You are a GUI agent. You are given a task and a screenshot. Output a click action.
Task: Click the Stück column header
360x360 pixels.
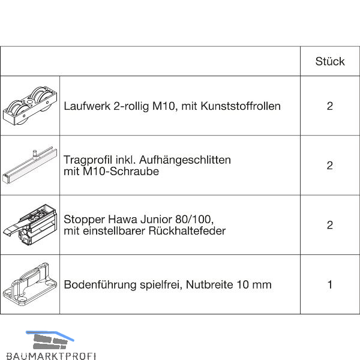pos(329,62)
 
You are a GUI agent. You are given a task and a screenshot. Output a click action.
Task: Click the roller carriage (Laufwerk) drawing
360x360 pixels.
pos(30,106)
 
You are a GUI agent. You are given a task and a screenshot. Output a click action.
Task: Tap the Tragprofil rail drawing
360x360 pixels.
pos(30,165)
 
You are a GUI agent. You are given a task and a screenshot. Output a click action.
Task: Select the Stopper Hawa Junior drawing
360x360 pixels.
pos(30,225)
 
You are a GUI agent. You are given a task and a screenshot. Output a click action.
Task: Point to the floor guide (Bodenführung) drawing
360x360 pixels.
pos(30,284)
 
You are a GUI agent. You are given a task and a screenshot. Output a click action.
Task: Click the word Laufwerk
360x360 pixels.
pos(87,106)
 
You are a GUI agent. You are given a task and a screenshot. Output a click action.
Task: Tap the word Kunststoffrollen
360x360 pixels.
pos(241,106)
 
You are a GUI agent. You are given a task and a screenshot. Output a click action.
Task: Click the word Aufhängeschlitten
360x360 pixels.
pos(185,160)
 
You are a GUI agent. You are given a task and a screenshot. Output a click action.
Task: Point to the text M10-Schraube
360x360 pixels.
pos(121,172)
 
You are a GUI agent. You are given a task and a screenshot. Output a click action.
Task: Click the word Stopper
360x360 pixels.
pos(85,220)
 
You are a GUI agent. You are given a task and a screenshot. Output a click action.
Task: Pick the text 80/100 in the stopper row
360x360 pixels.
pos(194,220)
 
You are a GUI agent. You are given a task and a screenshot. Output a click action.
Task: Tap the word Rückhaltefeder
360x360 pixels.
pos(187,231)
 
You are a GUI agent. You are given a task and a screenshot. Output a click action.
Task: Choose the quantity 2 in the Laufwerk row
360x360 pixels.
pos(329,106)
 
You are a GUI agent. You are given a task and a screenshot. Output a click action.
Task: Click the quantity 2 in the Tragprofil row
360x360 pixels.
pos(329,166)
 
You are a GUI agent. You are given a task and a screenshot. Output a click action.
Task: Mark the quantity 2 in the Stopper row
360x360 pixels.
pos(329,225)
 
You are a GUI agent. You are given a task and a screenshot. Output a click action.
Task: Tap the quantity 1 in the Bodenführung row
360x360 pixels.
pos(330,284)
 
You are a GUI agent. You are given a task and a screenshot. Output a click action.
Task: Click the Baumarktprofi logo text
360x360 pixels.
pos(51,356)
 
